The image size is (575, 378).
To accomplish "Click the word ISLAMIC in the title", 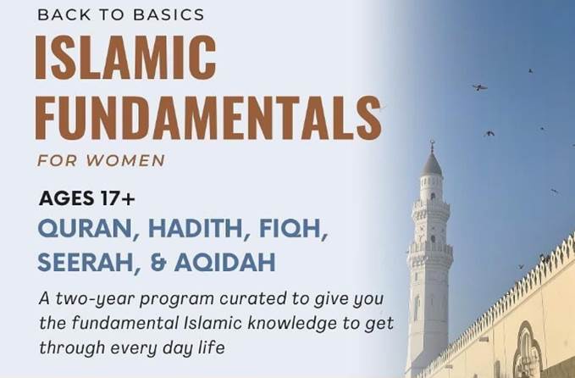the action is pos(126,57).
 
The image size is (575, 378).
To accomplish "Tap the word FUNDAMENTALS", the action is pos(208,118).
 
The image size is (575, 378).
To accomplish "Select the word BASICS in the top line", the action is pos(169,14).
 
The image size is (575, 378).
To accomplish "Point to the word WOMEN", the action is pos(125,160).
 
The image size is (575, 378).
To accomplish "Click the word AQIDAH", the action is pos(224,263).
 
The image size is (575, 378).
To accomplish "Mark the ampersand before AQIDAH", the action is pos(158,263).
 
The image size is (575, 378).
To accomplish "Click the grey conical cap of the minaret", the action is pos(432,164).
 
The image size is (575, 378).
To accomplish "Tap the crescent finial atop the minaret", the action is pos(432,144).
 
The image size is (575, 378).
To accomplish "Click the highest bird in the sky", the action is pos(530,71).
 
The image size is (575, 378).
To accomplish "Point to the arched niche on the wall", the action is pos(527,353).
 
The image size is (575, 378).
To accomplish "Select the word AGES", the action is pos(66,198).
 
